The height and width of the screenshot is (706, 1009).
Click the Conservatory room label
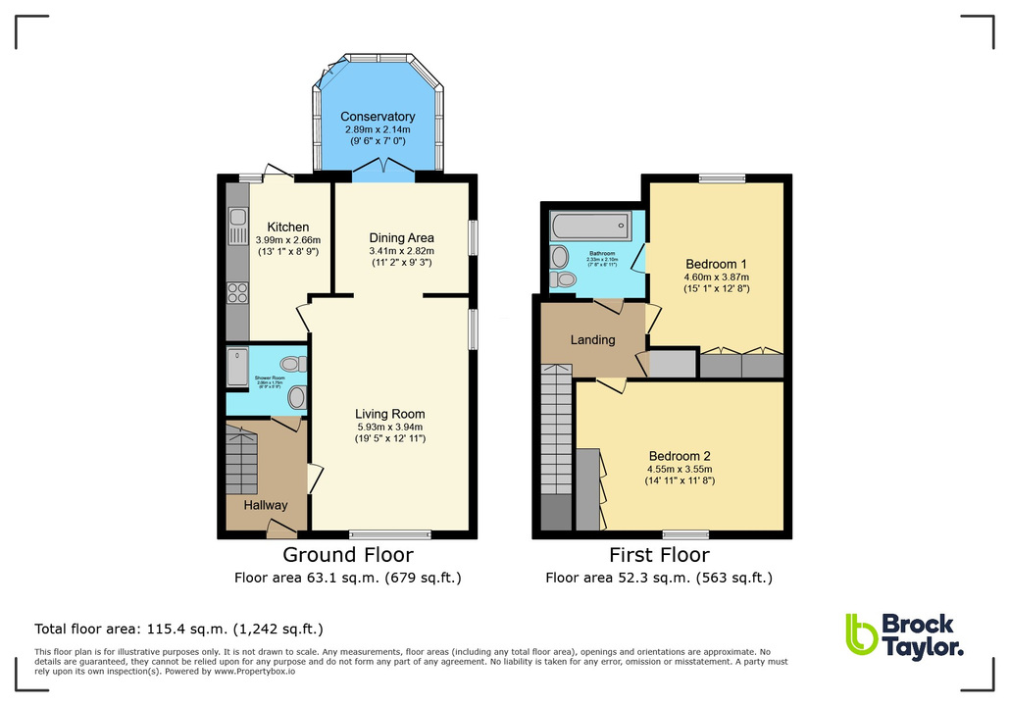[x=378, y=117]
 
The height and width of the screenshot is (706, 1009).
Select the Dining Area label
[x=401, y=237]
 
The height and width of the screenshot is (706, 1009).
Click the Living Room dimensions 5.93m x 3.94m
[x=390, y=428]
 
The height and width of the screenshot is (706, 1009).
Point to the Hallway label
[x=266, y=505]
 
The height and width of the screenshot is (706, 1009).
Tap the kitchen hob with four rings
[x=237, y=291]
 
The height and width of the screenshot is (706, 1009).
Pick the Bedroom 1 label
[x=716, y=264]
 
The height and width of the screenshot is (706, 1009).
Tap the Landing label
[x=593, y=340]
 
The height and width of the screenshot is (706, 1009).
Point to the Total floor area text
[x=178, y=629]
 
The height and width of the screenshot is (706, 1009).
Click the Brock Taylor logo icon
[x=861, y=634]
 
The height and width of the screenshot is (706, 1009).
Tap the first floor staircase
[x=556, y=431]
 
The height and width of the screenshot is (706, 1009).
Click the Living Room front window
[x=390, y=534]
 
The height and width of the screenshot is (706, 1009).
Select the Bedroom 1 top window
[x=722, y=178]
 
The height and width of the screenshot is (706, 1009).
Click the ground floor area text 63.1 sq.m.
[x=347, y=578]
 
